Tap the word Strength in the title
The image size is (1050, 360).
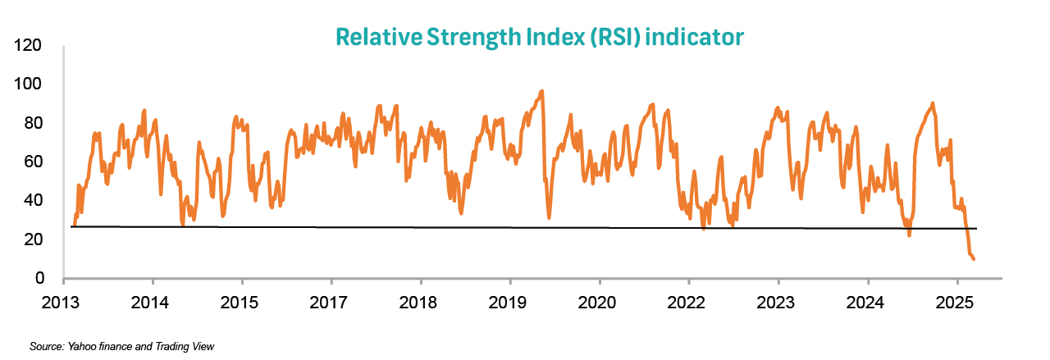(x=474, y=37)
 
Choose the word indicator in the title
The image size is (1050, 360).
(x=702, y=37)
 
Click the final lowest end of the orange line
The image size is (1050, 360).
(x=974, y=259)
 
